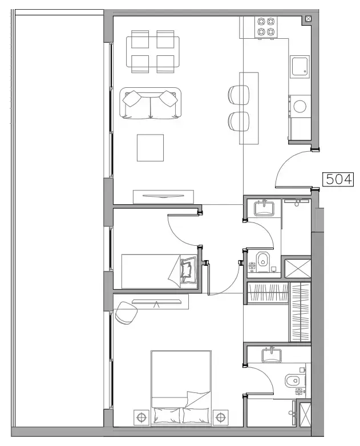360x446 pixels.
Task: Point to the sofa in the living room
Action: pos(150,103)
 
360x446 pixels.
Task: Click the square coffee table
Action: pos(150,148)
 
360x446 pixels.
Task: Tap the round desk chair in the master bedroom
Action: pos(127,312)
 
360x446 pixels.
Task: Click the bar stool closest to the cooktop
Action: pos(238,94)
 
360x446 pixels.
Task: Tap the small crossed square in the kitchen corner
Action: pos(309,19)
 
